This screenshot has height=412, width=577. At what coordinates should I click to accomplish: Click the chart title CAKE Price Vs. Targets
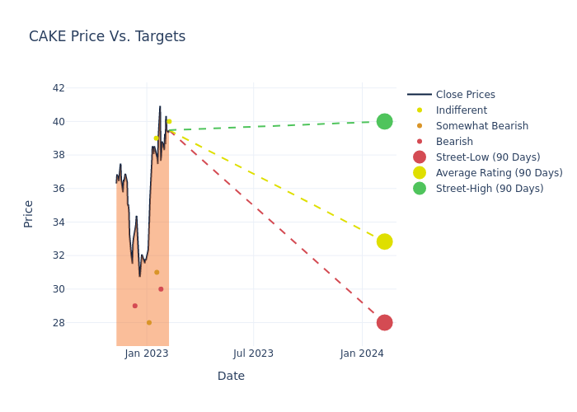pos(107,36)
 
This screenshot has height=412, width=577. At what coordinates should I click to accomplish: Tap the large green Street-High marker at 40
pos(384,121)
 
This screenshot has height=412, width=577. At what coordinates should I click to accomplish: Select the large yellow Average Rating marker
pos(384,241)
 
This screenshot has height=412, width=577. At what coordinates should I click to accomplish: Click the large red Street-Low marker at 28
pos(384,322)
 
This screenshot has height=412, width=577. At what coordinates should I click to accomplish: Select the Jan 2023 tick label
pos(147,353)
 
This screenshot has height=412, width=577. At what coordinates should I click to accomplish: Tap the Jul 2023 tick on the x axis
pos(253,353)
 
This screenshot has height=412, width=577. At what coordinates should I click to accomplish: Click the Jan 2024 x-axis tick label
pos(361,353)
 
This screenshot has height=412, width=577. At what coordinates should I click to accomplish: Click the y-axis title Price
pos(29,213)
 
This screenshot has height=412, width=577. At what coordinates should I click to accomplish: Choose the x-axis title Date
pos(231,376)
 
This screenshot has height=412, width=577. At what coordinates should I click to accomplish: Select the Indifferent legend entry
pos(461,110)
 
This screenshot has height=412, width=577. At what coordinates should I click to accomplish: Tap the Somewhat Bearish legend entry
pos(481,126)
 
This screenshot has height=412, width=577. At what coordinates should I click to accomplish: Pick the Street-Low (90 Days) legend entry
pos(487,157)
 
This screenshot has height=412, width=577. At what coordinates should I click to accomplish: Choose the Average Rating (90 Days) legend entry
pos(499,173)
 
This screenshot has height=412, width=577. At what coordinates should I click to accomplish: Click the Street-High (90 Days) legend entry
pos(489,189)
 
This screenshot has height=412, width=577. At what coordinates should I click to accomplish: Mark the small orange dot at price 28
pos(149,322)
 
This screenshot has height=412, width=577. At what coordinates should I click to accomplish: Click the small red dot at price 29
pos(135,306)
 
